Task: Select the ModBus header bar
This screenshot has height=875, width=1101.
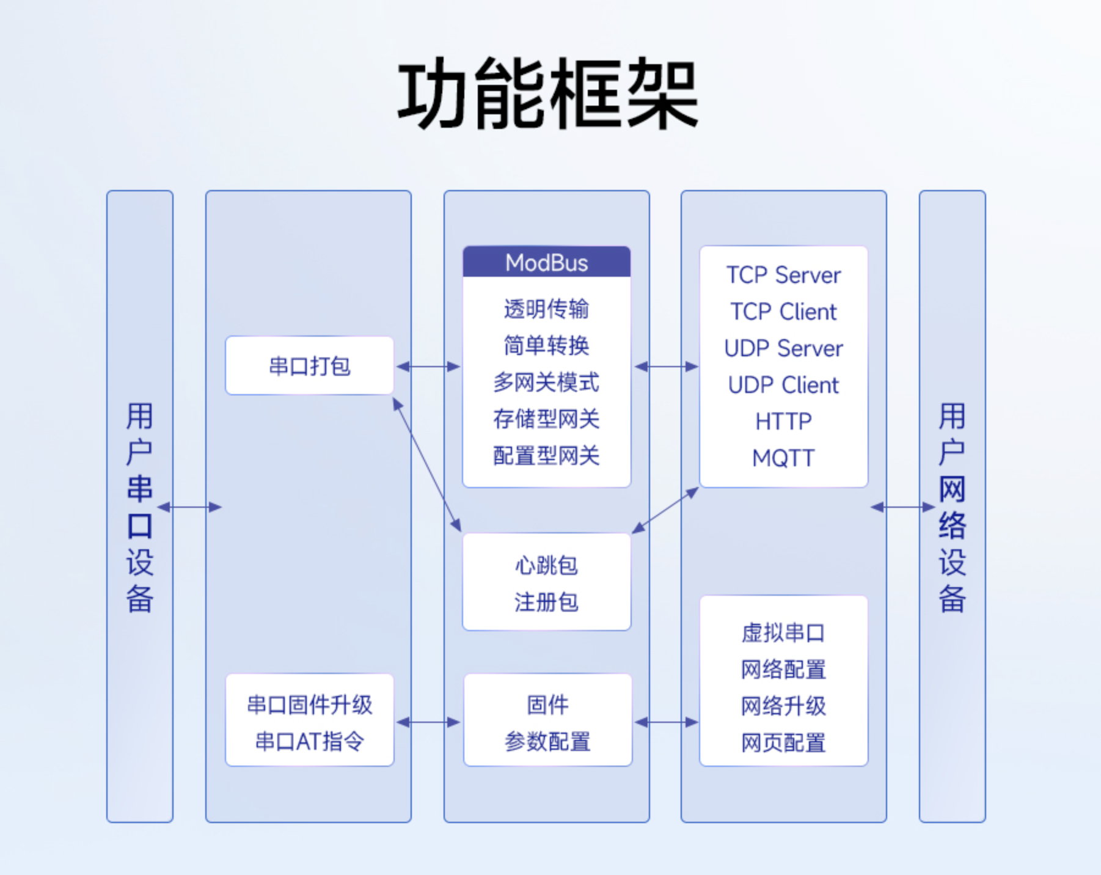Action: click(x=546, y=263)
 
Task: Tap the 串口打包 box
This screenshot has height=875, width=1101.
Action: click(x=309, y=366)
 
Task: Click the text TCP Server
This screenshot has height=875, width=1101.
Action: click(x=783, y=275)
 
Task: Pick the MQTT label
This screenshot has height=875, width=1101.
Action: click(x=783, y=458)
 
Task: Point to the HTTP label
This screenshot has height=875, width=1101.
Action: click(x=783, y=422)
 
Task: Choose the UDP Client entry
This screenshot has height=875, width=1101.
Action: click(x=783, y=385)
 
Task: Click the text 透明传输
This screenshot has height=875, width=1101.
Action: click(x=546, y=309)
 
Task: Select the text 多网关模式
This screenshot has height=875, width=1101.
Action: click(x=546, y=383)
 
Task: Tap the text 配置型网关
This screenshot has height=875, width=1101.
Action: click(x=546, y=456)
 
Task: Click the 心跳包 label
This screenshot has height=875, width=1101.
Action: click(x=546, y=565)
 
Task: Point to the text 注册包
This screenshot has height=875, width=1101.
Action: click(x=546, y=602)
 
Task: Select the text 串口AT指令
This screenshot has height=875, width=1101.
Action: click(x=309, y=742)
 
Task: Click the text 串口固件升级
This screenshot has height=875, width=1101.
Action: click(x=309, y=705)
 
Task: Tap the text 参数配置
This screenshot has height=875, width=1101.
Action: click(x=547, y=742)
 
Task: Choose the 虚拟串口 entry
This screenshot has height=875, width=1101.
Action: click(x=783, y=633)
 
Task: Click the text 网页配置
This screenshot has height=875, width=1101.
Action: click(x=783, y=743)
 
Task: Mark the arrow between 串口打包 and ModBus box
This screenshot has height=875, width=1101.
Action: click(x=428, y=367)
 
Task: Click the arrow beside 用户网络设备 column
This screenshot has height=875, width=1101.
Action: click(x=902, y=507)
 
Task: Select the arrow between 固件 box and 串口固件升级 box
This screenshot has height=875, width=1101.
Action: click(x=428, y=722)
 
